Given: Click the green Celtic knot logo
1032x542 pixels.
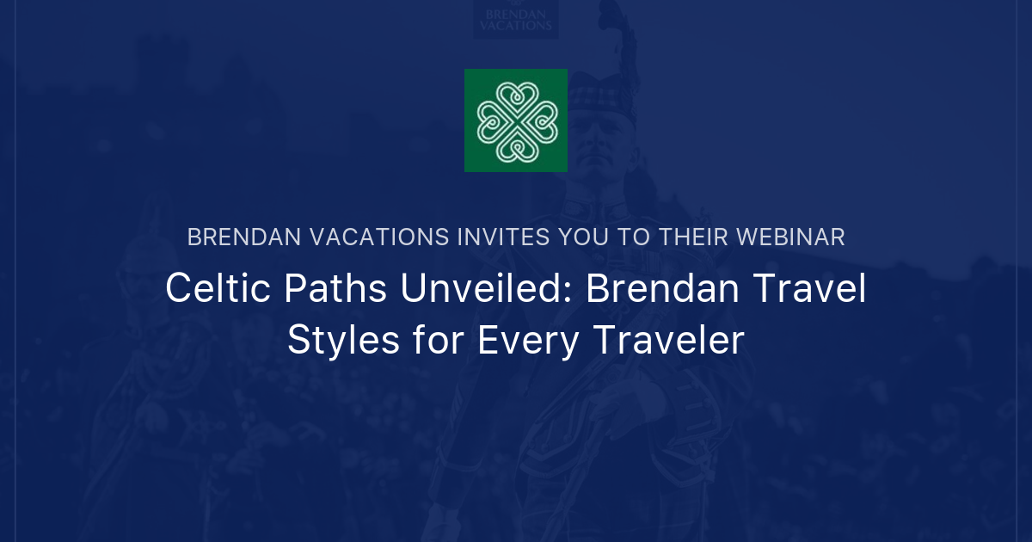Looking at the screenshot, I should tap(516, 120).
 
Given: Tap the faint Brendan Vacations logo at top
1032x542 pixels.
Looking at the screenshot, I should tap(516, 19).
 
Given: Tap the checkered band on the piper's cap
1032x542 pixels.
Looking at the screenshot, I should tap(602, 86).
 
